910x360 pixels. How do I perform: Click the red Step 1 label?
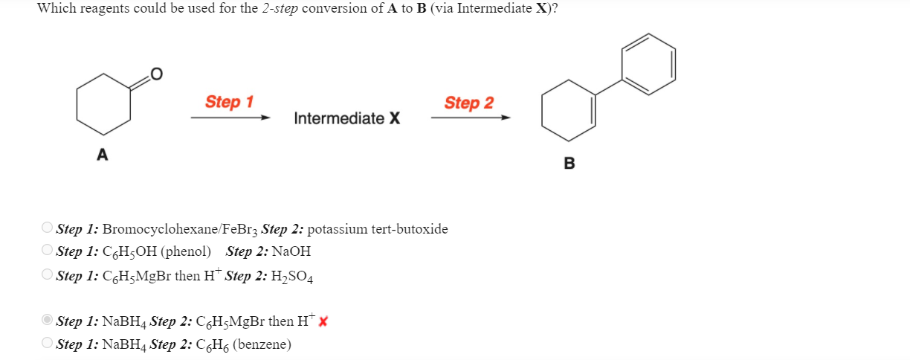click(229, 102)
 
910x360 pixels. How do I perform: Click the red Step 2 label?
click(468, 103)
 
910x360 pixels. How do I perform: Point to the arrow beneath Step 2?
click(470, 118)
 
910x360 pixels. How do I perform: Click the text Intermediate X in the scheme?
click(346, 118)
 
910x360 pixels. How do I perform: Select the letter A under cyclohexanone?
click(102, 155)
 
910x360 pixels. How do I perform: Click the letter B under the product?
click(569, 164)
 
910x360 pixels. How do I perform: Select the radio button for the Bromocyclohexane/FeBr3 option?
click(48, 228)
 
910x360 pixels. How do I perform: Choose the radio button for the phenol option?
click(48, 251)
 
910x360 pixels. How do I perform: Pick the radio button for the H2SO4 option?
click(48, 275)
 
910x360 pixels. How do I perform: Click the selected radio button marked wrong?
click(48, 321)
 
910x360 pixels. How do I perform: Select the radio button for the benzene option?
click(48, 344)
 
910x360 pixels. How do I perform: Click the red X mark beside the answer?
click(323, 321)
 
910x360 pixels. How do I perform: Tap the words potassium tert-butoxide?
click(377, 228)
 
